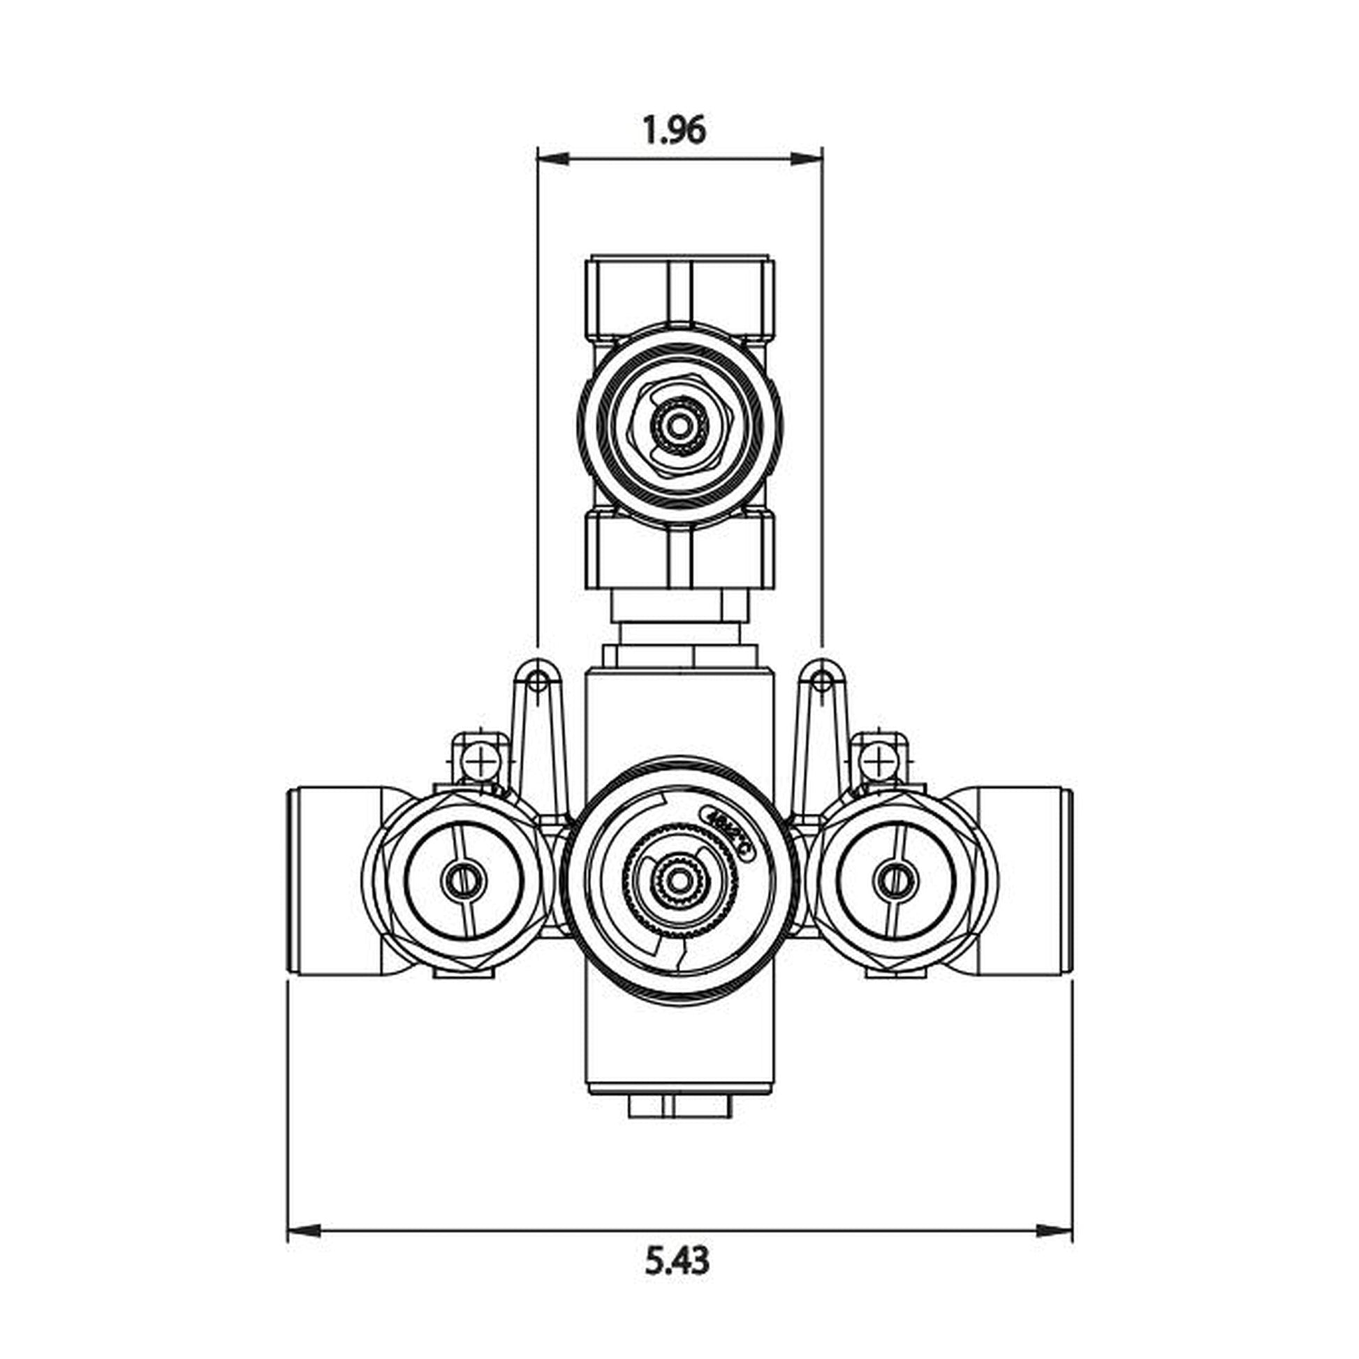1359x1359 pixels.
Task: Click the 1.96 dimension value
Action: (674, 131)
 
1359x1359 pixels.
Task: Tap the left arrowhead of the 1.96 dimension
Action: (552, 160)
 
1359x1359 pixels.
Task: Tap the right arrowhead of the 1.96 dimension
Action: (807, 160)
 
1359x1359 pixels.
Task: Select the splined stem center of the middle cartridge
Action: (679, 879)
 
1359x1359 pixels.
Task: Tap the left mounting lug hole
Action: (538, 679)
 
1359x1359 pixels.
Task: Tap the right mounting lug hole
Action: (821, 679)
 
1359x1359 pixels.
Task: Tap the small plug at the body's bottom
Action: (679, 1109)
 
